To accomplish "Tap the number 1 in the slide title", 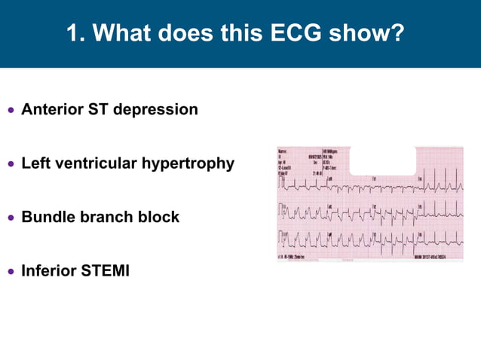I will pyautogui.click(x=73, y=34).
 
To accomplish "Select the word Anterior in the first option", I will pyautogui.click(x=51, y=110).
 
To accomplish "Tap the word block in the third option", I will pyautogui.click(x=159, y=218).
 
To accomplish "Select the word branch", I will pyautogui.click(x=108, y=218).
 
